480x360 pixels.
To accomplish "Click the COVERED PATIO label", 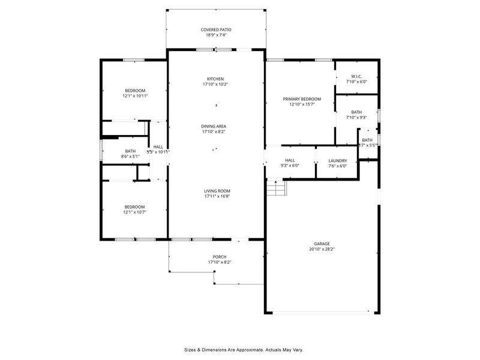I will pyautogui.click(x=215, y=29).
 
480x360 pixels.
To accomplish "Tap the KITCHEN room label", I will pyautogui.click(x=215, y=79).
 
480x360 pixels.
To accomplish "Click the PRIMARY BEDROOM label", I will pyautogui.click(x=302, y=99).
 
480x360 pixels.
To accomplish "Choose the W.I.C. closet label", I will pyautogui.click(x=356, y=76).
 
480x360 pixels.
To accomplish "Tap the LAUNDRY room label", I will pyautogui.click(x=337, y=160).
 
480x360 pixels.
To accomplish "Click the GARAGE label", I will pyautogui.click(x=322, y=244).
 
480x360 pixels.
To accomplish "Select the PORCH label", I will pyautogui.click(x=219, y=257).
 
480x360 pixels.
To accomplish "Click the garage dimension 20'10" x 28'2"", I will pyautogui.click(x=322, y=249).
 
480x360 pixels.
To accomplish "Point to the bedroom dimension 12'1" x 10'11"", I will pyautogui.click(x=135, y=96).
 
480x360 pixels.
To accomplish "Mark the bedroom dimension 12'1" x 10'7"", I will pyautogui.click(x=135, y=212).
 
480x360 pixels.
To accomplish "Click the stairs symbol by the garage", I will pyautogui.click(x=277, y=188).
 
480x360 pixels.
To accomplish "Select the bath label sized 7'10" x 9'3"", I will pyautogui.click(x=356, y=118).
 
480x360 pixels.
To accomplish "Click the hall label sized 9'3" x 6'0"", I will pyautogui.click(x=290, y=166).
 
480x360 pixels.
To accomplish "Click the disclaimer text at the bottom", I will pyautogui.click(x=243, y=349).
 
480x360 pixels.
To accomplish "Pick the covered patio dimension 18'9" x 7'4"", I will pyautogui.click(x=215, y=35).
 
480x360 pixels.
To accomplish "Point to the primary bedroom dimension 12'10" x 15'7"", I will pyautogui.click(x=302, y=104).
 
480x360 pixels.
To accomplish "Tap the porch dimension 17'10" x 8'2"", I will pyautogui.click(x=219, y=262).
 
